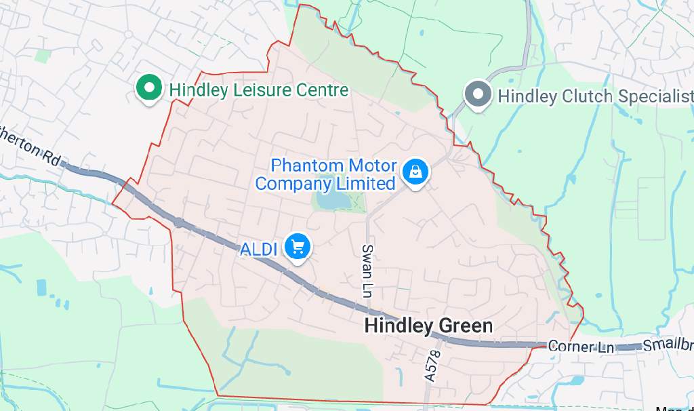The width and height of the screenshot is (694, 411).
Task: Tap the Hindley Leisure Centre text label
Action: click(258, 90)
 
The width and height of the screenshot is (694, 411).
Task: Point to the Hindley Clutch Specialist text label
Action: click(595, 96)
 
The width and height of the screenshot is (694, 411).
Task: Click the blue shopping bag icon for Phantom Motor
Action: click(415, 172)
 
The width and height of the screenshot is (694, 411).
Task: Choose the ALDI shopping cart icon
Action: click(297, 247)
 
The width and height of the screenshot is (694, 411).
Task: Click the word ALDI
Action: click(259, 249)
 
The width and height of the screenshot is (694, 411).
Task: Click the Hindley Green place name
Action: click(428, 326)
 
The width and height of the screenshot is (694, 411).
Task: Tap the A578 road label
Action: click(432, 366)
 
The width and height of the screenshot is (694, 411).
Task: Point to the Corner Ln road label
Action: click(581, 347)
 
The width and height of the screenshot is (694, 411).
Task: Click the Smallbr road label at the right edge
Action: click(668, 345)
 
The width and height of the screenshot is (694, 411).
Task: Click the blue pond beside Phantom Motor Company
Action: click(330, 201)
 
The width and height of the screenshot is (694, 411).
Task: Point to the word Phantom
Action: click(308, 165)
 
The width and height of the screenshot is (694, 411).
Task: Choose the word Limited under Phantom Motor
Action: click(365, 183)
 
